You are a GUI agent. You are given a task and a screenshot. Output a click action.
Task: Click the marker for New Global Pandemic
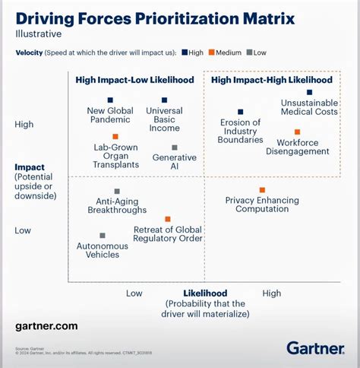point(110,100)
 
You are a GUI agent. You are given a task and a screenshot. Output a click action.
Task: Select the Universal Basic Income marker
point(164,100)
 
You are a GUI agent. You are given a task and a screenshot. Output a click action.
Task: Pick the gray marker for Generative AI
point(175,148)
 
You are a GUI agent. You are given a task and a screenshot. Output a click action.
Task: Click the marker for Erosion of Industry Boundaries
point(240,112)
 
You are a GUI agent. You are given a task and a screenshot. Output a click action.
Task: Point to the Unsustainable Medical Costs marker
point(309,92)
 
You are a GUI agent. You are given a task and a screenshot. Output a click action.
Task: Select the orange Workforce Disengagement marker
point(297,132)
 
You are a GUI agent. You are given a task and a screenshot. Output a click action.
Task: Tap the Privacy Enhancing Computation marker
point(262,190)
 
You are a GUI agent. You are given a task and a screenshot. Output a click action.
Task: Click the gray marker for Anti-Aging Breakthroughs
point(117,192)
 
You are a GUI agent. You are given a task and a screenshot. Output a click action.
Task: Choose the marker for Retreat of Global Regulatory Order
point(167,218)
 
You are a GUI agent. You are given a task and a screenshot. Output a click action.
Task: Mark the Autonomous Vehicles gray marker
point(103,236)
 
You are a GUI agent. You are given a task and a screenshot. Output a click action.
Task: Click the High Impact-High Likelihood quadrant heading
point(270,79)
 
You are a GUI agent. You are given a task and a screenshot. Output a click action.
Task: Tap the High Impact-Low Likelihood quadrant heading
point(134,79)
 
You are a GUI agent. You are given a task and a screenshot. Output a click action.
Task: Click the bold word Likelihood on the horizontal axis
point(205,293)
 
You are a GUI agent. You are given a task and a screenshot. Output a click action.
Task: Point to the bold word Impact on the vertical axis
point(30,167)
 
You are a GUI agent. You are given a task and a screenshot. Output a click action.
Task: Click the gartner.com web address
point(46,325)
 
